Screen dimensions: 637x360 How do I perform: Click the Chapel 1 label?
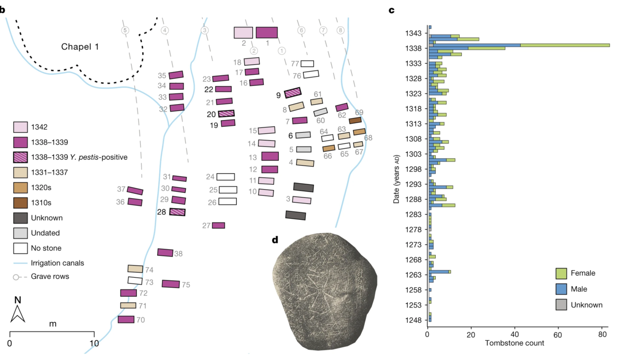click(x=80, y=47)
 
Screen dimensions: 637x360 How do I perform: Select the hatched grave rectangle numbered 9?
click(x=292, y=92)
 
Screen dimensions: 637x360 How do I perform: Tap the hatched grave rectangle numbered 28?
click(x=177, y=212)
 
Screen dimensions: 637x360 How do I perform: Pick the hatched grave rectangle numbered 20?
click(x=226, y=114)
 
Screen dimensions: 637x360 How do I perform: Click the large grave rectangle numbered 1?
click(x=266, y=32)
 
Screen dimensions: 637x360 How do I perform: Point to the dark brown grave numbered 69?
click(x=355, y=121)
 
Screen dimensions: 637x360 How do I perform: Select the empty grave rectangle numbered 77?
click(x=307, y=64)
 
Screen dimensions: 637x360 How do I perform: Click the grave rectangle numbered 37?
click(x=135, y=191)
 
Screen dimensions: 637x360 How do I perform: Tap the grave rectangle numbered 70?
click(x=126, y=319)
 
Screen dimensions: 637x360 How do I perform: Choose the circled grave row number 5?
click(x=125, y=30)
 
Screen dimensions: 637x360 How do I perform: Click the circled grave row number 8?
click(x=340, y=30)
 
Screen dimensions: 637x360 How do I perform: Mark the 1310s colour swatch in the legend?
click(x=21, y=203)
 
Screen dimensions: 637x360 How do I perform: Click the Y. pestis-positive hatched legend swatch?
click(x=21, y=157)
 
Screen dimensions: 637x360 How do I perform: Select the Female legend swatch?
click(x=561, y=273)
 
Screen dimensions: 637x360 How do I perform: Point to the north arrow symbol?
click(x=18, y=314)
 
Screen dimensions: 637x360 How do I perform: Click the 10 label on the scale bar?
click(x=94, y=344)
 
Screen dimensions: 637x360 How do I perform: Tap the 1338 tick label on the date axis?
click(x=413, y=48)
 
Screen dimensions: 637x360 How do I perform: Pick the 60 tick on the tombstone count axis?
click(x=558, y=335)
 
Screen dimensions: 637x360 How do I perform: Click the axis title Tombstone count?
click(x=514, y=343)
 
